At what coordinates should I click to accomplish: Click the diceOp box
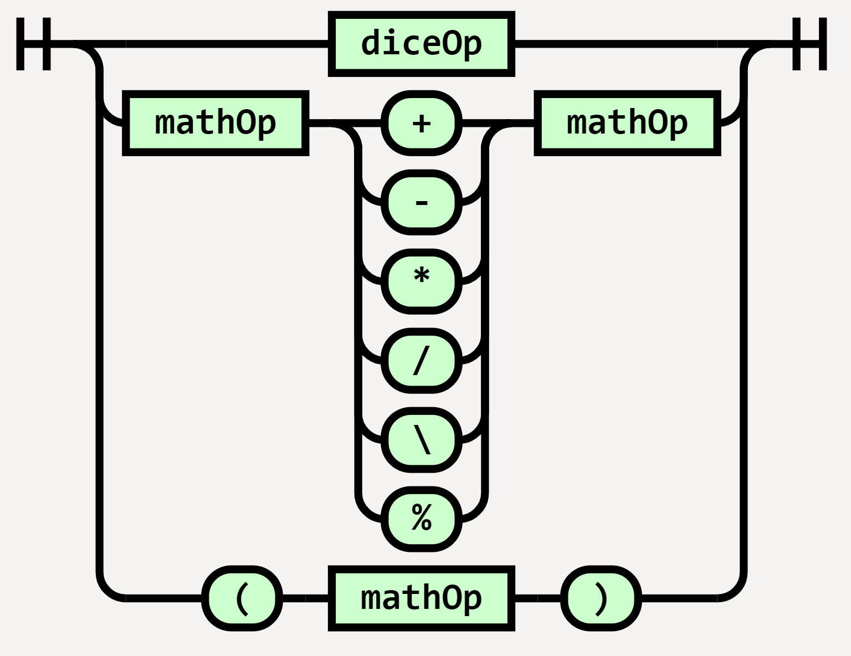[421, 44]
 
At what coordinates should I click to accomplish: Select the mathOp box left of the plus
[215, 123]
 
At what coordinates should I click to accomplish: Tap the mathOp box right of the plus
[627, 123]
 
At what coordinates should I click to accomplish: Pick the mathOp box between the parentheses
[421, 598]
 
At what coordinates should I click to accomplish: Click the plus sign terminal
[421, 123]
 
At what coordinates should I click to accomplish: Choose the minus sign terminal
[421, 202]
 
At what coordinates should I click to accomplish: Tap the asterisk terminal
[421, 281]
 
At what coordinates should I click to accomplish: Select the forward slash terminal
[421, 361]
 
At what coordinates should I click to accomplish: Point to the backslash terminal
[421, 440]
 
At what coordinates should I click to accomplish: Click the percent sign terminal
[421, 519]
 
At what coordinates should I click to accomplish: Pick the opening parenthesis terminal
[242, 598]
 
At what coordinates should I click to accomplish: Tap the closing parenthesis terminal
[601, 598]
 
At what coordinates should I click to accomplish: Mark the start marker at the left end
[33, 44]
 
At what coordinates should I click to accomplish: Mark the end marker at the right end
[809, 44]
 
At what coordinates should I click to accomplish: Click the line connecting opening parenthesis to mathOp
[305, 598]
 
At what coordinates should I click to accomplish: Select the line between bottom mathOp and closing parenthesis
[537, 598]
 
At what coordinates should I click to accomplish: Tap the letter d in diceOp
[368, 43]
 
